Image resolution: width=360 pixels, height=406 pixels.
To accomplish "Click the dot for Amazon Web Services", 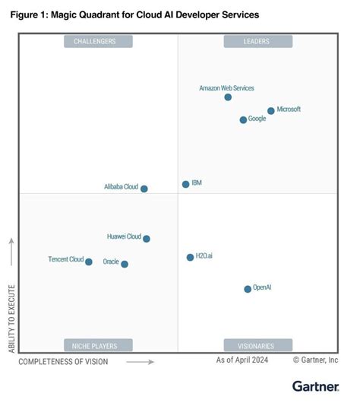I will pyautogui.click(x=228, y=97).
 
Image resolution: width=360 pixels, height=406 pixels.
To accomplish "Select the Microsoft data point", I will pyautogui.click(x=271, y=111).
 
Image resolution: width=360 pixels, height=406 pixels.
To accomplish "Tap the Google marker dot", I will pyautogui.click(x=243, y=120).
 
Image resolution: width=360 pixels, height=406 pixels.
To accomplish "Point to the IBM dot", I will pyautogui.click(x=185, y=184).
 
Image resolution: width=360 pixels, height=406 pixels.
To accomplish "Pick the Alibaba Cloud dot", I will pyautogui.click(x=144, y=189).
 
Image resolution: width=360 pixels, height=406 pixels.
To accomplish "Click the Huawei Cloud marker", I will pyautogui.click(x=147, y=239).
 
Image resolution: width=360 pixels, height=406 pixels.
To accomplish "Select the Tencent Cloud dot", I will pyautogui.click(x=89, y=262).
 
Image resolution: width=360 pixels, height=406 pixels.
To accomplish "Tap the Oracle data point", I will pyautogui.click(x=125, y=265).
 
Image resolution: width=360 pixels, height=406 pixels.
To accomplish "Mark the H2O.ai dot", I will pyautogui.click(x=190, y=258).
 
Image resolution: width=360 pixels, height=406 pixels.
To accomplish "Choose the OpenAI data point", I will pyautogui.click(x=248, y=289).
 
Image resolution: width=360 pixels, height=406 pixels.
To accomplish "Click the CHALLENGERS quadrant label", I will pyautogui.click(x=99, y=42).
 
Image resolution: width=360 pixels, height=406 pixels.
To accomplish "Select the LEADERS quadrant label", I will pyautogui.click(x=257, y=42).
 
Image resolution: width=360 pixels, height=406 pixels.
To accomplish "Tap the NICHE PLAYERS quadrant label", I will pyautogui.click(x=99, y=345).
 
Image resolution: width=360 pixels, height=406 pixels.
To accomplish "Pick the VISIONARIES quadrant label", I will pyautogui.click(x=257, y=345).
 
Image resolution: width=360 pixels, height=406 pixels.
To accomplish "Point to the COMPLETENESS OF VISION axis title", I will pyautogui.click(x=63, y=362).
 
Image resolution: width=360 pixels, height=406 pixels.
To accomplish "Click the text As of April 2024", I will pyautogui.click(x=243, y=360).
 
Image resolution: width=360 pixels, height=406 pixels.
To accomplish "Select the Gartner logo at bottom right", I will pyautogui.click(x=315, y=386).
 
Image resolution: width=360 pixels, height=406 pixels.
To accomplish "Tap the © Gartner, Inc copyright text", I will pyautogui.click(x=315, y=360).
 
